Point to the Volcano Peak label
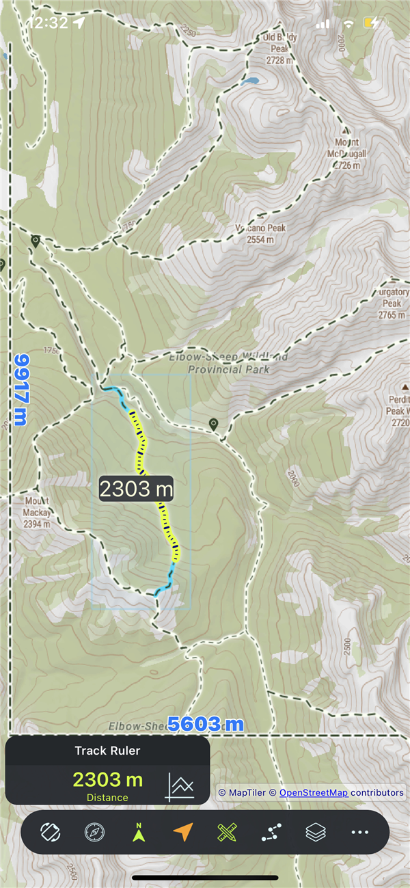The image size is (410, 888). tap(260, 234)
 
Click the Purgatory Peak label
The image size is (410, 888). tap(392, 304)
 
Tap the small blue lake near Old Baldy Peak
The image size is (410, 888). tap(249, 81)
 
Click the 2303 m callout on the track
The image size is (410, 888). tap(136, 489)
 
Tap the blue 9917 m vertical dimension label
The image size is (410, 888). tap(21, 390)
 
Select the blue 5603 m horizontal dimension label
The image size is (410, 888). tap(206, 724)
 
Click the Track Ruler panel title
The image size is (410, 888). tap(107, 751)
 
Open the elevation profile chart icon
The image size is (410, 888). tap(180, 786)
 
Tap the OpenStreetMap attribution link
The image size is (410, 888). tap(314, 792)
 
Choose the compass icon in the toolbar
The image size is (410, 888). tap(94, 832)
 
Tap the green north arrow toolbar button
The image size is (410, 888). tap(139, 832)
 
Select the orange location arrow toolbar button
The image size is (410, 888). tap(183, 832)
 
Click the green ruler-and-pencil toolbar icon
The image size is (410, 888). tap(227, 832)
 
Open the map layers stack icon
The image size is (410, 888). tap(316, 832)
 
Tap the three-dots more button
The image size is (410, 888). tap(359, 832)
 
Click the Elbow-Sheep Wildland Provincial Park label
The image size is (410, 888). tap(229, 363)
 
